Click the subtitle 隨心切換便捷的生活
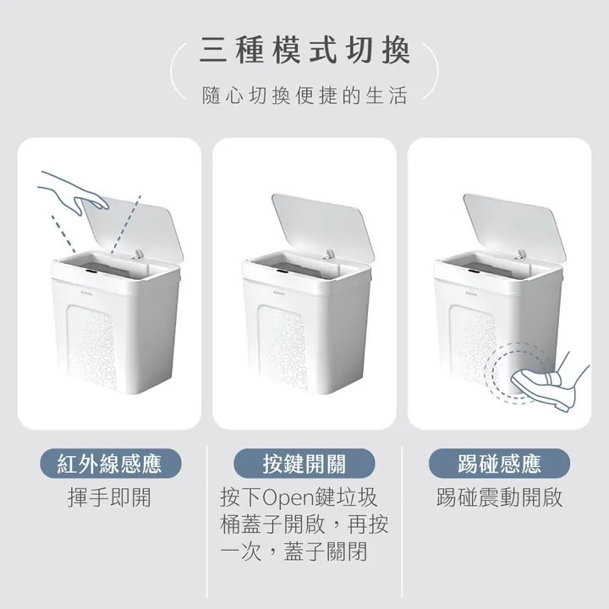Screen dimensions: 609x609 (x=304, y=95)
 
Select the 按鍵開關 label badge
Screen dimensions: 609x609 (x=304, y=464)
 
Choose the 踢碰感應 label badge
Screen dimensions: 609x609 (x=498, y=464)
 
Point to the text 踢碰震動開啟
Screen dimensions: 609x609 (x=498, y=497)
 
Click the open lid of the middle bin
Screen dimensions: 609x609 (x=324, y=225)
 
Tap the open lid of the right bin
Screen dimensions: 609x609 (x=515, y=225)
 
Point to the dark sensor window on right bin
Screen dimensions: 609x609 (x=475, y=272)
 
